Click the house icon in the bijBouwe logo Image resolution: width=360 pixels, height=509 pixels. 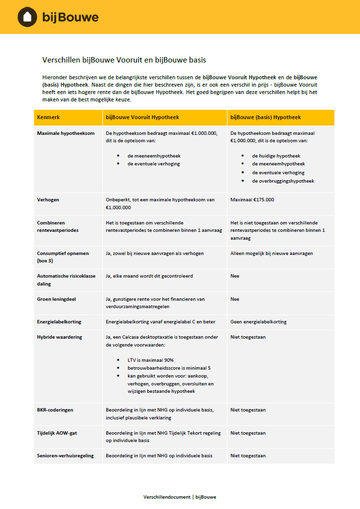[x=28, y=17]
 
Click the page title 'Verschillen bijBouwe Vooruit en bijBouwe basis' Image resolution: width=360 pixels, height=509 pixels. [x=124, y=60]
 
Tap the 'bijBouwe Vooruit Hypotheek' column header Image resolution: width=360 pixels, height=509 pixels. [x=142, y=118]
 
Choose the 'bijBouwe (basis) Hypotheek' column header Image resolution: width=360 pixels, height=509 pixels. [x=265, y=118]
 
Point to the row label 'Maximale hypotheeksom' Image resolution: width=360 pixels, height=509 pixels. [x=65, y=133]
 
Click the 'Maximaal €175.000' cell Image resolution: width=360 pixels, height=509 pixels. [x=252, y=200]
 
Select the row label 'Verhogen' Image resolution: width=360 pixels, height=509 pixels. [x=48, y=200]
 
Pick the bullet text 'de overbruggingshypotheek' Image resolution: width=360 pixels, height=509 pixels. [x=283, y=181]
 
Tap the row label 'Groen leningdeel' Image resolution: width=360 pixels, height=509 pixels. [x=56, y=299]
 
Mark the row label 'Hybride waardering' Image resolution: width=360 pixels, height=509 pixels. [x=59, y=337]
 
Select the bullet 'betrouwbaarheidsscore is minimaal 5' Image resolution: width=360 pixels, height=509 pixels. [x=169, y=368]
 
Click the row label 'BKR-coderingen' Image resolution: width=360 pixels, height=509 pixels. [x=55, y=410]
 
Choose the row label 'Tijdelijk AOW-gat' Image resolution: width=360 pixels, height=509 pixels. [x=57, y=433]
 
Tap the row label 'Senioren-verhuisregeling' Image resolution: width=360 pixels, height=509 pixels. [x=65, y=456]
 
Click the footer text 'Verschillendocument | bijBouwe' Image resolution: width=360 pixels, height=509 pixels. [x=180, y=497]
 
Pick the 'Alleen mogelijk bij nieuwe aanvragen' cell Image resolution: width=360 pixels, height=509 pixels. [x=271, y=254]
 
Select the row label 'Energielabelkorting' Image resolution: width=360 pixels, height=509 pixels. [x=59, y=322]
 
